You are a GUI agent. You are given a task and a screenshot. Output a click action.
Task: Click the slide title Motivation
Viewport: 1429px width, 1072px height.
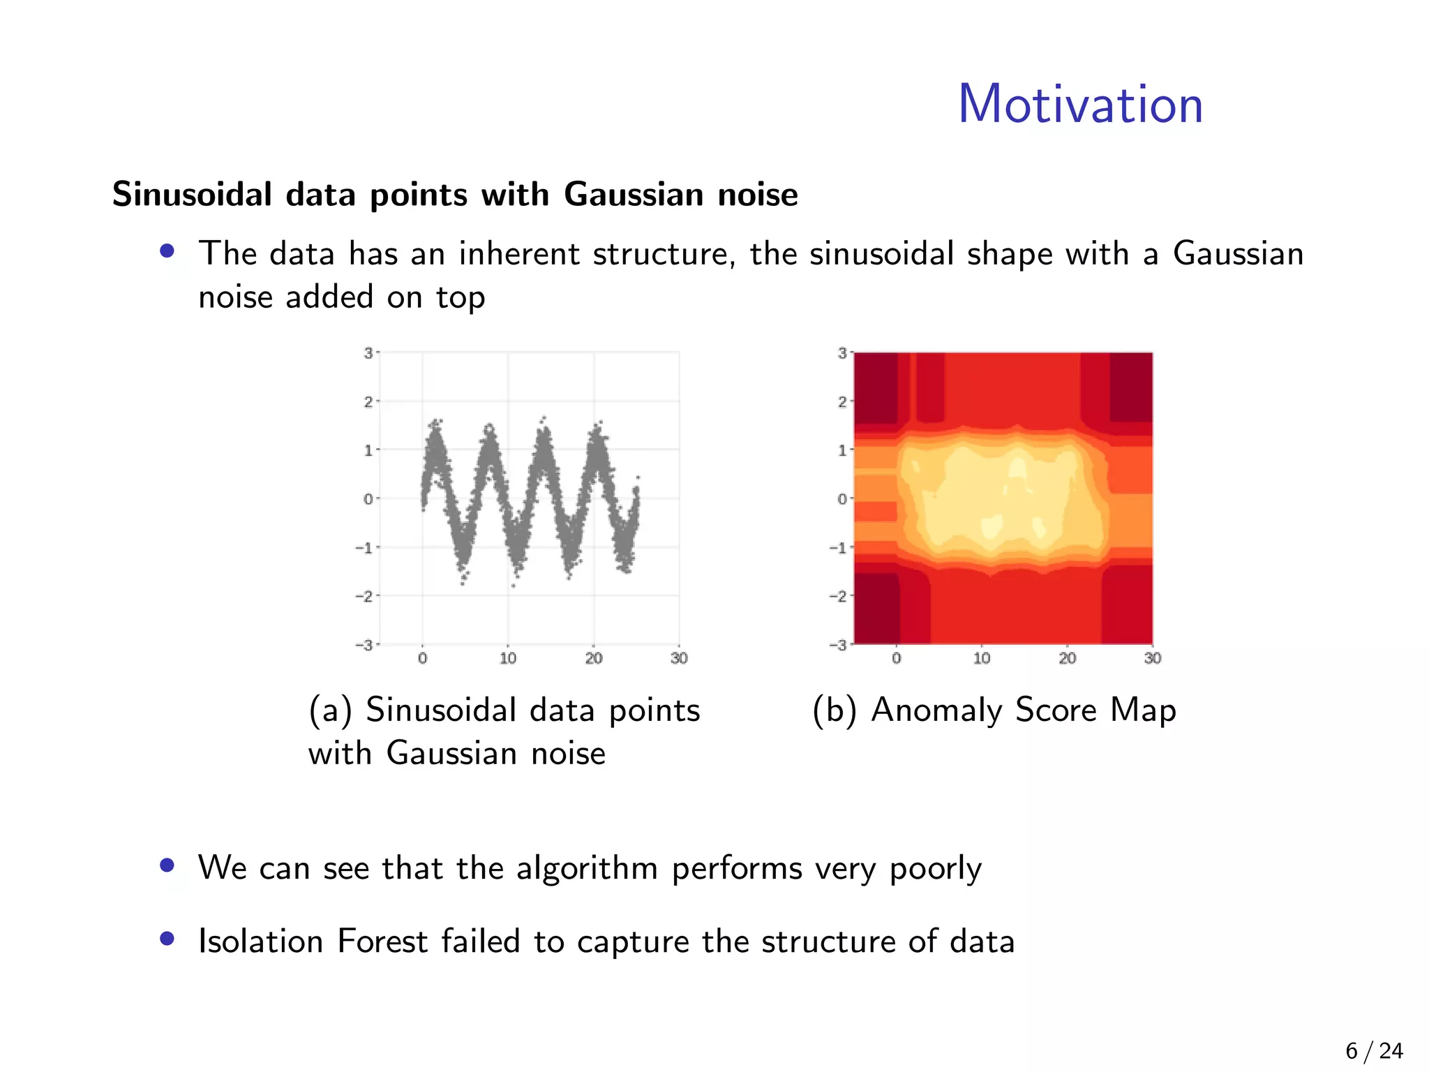1080,105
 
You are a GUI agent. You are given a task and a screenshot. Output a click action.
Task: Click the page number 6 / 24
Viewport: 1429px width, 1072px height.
1373,1050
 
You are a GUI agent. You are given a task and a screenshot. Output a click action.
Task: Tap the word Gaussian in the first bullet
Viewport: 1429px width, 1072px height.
1238,253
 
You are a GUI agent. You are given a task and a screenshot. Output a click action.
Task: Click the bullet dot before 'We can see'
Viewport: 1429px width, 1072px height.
167,865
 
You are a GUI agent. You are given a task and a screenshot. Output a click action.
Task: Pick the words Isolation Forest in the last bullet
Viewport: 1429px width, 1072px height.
312,941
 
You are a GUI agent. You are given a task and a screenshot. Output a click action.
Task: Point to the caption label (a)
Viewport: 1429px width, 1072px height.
330,710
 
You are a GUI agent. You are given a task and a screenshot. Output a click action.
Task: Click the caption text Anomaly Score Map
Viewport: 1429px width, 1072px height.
1024,710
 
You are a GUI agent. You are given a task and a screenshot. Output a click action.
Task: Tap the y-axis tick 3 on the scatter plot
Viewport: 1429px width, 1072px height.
368,353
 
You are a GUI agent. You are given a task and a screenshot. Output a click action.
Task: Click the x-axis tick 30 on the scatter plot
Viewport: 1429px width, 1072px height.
679,658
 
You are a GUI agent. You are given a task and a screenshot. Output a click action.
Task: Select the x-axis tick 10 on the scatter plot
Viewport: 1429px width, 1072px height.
508,658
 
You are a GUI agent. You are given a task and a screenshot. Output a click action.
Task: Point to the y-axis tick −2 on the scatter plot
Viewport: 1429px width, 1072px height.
364,596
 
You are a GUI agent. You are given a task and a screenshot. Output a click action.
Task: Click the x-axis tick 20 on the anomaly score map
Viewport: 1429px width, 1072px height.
1067,658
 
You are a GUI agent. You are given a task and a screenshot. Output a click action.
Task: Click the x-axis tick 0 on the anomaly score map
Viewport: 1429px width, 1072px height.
897,658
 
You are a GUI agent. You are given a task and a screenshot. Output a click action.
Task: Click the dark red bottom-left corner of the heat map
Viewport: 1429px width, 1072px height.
876,607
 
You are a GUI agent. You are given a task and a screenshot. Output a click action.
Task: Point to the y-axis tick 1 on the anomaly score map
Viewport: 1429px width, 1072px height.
842,450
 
